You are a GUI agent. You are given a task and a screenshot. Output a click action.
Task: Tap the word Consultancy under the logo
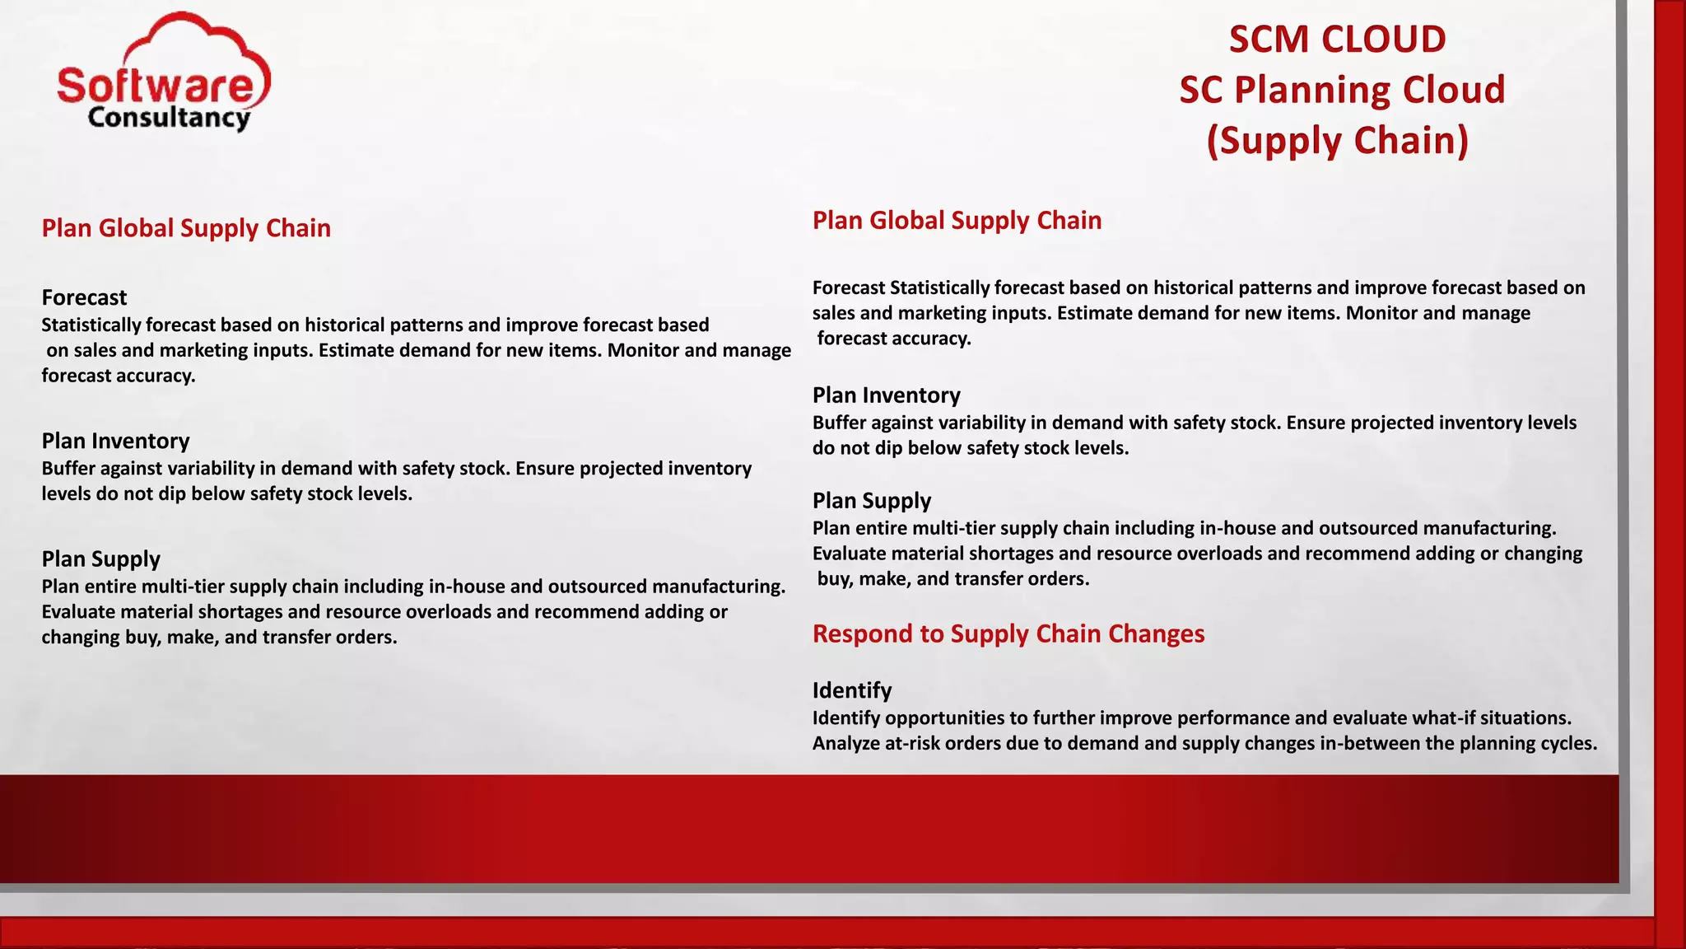tap(168, 118)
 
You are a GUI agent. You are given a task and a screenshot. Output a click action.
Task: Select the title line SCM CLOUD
tap(1337, 40)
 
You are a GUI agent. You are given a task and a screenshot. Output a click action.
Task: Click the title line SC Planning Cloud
tap(1342, 90)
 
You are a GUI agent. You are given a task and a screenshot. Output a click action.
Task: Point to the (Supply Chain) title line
tap(1338, 141)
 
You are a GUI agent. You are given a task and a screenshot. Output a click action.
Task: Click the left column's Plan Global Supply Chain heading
tap(186, 228)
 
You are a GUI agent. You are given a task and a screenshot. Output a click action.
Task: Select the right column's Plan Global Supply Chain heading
tap(957, 221)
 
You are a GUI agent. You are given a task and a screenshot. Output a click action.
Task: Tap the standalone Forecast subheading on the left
tap(84, 297)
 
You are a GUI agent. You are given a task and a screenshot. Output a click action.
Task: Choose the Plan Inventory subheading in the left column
tap(115, 441)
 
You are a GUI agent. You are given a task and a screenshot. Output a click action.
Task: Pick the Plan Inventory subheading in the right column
tap(886, 395)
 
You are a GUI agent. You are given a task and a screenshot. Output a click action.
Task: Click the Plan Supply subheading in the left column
tap(100, 559)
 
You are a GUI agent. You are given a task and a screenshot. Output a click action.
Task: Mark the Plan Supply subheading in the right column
tap(871, 501)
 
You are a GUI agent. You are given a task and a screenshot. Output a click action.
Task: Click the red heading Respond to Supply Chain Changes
tap(1008, 633)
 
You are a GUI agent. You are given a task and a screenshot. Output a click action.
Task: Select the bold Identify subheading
tap(852, 690)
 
